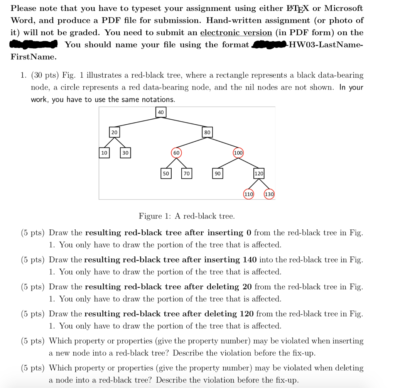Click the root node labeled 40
pos(161,112)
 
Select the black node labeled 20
pos(114,132)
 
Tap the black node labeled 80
pos(208,132)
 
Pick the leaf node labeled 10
pos(104,153)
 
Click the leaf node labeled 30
pos(125,153)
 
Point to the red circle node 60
pos(176,153)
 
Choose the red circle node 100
pos(238,153)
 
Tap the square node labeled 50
pos(166,174)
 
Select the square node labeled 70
pos(187,174)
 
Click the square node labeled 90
pos(218,174)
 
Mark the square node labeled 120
pos(259,174)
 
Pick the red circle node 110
pos(249,194)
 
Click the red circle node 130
pos(269,194)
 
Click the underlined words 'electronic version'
pos(236,32)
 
